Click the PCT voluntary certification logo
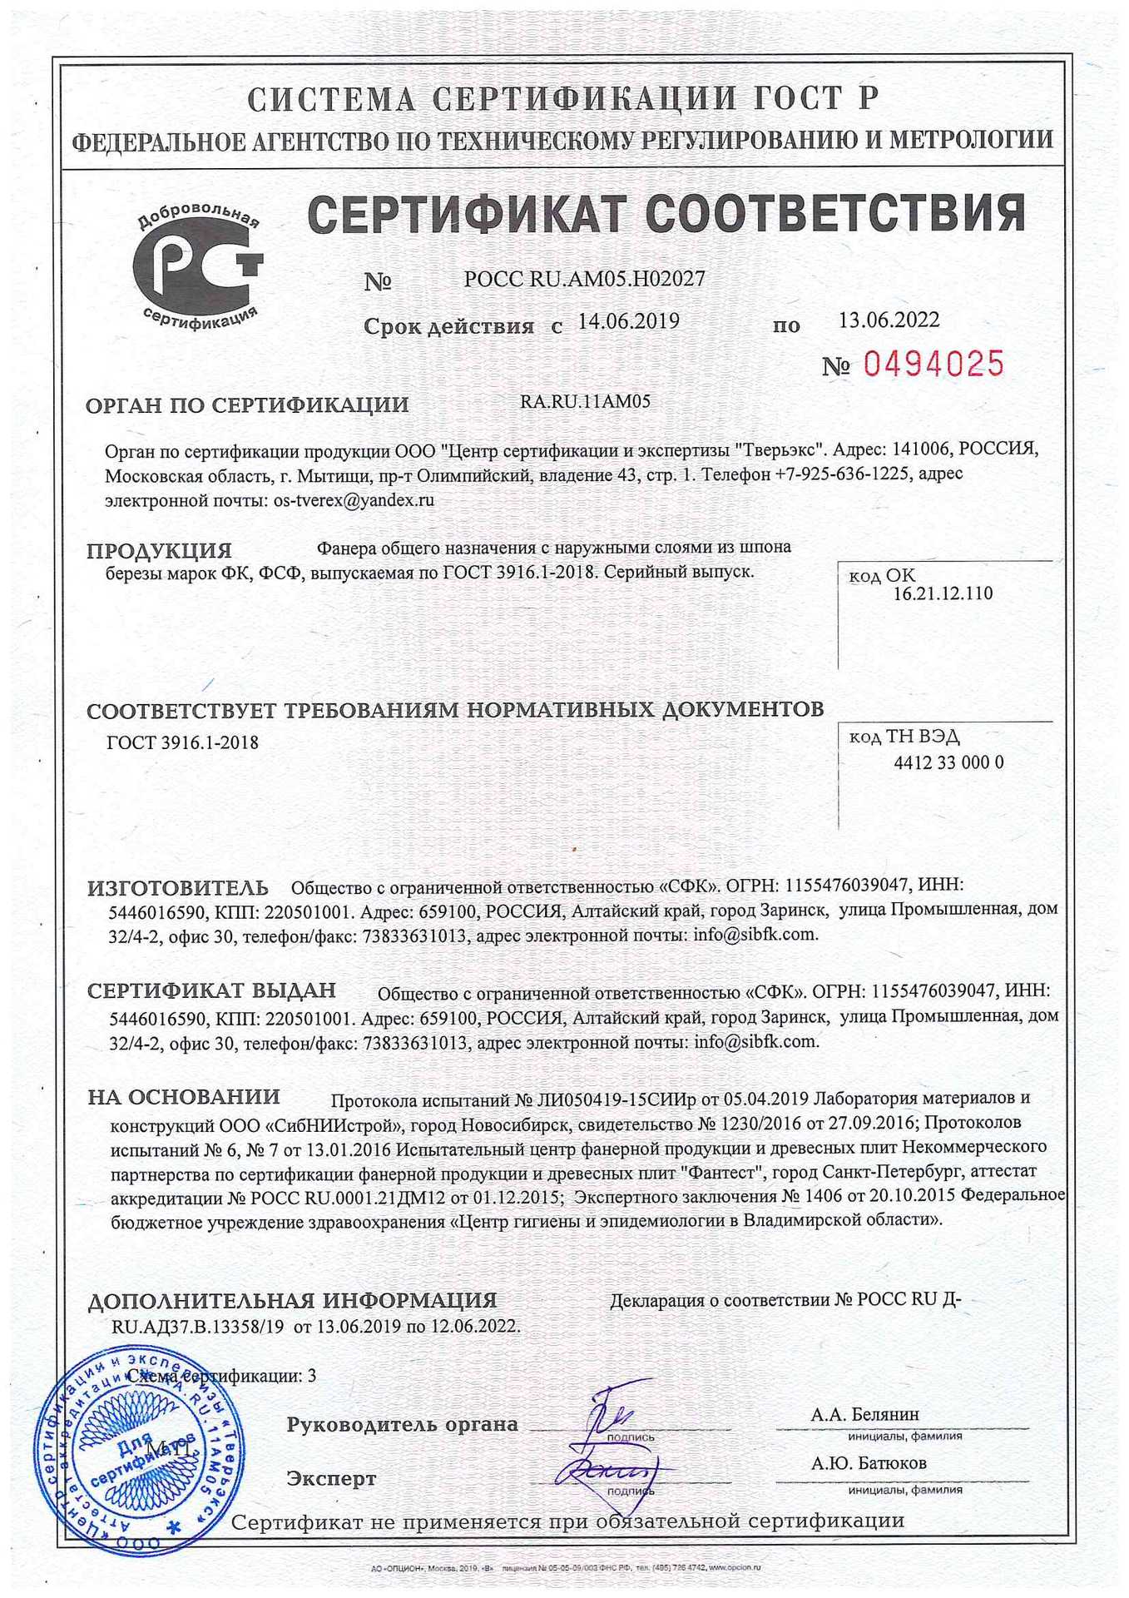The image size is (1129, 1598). point(198,266)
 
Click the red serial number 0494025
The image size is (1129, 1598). point(934,364)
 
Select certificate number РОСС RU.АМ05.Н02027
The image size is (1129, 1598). point(584,280)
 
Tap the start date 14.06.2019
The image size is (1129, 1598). point(628,321)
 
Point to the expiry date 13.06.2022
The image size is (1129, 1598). point(889,320)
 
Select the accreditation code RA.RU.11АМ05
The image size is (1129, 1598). point(585,402)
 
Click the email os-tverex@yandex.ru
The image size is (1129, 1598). point(354,501)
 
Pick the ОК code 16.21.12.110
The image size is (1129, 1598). point(943,594)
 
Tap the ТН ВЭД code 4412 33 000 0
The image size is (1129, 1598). point(948,763)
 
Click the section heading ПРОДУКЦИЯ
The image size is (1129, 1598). point(160,551)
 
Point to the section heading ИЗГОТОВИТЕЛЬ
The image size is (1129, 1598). point(178,888)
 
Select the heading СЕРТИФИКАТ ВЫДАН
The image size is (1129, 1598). point(212,990)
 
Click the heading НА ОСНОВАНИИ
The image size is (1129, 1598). point(184,1097)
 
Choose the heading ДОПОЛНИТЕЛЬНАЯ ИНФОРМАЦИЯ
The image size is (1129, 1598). point(292,1300)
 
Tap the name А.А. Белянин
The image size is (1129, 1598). point(865,1414)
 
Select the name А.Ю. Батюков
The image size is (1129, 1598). point(869,1462)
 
